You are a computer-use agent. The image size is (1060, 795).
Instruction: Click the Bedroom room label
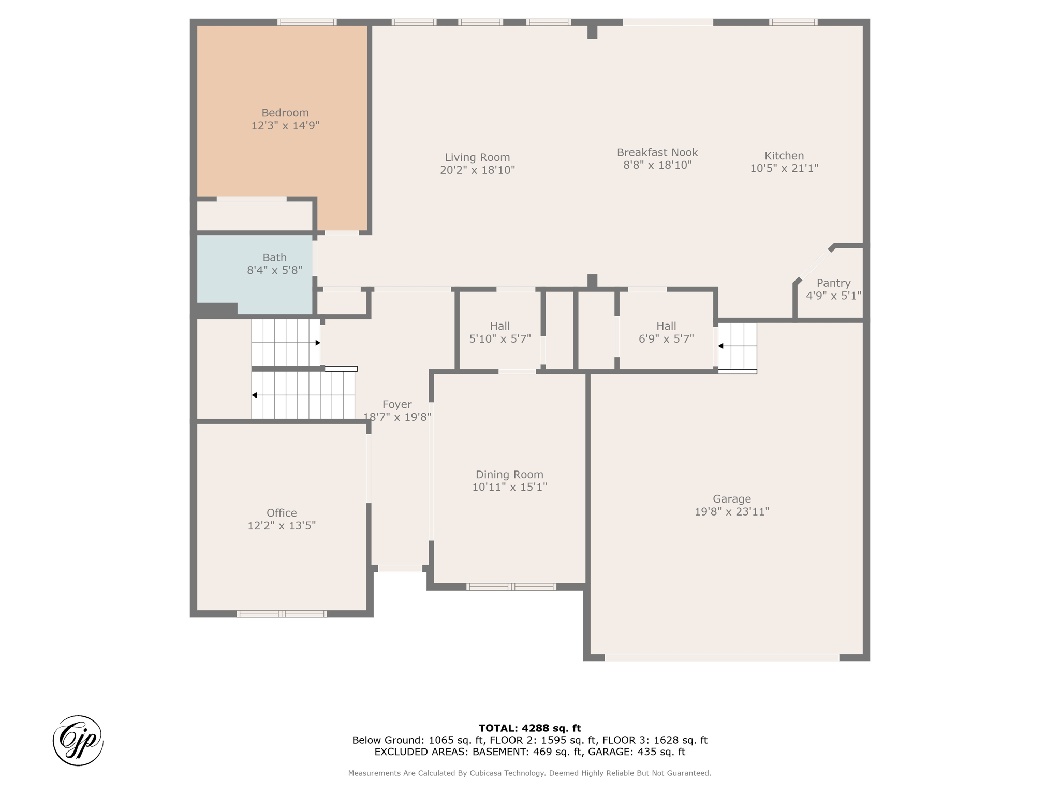(285, 113)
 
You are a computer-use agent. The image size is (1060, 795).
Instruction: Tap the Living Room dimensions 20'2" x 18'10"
(477, 170)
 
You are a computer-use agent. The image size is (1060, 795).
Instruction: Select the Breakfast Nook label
(657, 153)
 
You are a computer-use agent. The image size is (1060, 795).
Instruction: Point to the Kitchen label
(784, 156)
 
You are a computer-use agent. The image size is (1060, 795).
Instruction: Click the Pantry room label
(833, 283)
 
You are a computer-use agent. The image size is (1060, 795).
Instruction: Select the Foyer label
(397, 405)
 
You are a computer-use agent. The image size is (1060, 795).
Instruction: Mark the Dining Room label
(509, 475)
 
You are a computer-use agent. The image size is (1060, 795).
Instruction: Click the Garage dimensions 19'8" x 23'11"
(732, 511)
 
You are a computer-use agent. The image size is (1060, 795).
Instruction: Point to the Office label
(282, 513)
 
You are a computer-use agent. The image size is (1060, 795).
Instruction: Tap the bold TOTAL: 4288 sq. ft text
(530, 728)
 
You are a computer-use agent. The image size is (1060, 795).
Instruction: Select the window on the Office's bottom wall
(282, 614)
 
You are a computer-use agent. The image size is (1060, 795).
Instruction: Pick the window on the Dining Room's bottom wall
(511, 587)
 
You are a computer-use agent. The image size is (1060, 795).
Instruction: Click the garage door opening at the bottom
(722, 658)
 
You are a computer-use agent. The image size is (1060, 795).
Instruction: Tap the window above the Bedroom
(307, 22)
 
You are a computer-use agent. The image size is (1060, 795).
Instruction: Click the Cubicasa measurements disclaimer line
(529, 773)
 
